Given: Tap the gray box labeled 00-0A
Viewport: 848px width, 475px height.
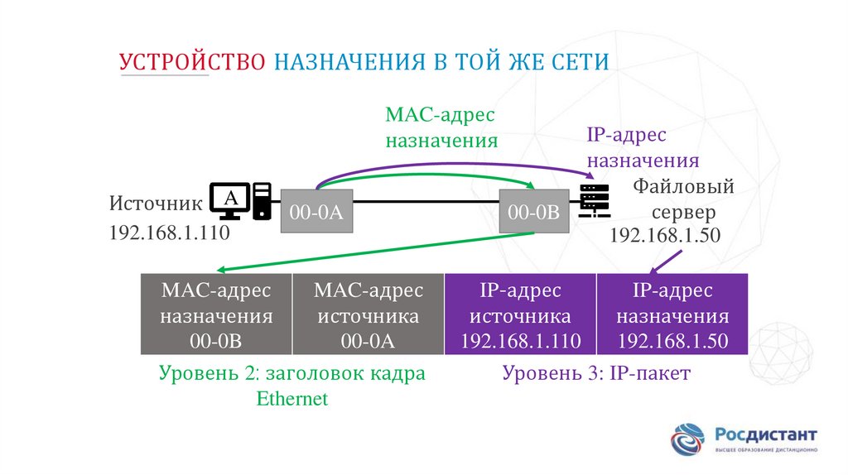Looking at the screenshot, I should tap(316, 212).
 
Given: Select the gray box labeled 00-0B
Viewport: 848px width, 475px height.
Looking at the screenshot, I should tap(534, 212).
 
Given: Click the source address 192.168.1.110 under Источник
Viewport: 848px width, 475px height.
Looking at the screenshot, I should tap(168, 233).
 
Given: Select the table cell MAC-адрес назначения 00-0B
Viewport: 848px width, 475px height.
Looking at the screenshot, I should tap(216, 315).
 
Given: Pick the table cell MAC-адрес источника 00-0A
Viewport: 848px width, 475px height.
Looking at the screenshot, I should tap(369, 315).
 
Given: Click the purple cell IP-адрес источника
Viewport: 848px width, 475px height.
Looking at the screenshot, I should tap(520, 315).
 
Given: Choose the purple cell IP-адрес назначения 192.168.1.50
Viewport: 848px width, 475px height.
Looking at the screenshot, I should tap(672, 315).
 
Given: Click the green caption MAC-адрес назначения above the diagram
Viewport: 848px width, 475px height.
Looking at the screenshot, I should tap(441, 127).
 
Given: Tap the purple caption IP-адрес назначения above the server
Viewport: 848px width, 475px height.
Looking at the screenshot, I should tap(643, 147).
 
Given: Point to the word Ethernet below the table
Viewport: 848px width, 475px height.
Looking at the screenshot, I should tap(292, 399).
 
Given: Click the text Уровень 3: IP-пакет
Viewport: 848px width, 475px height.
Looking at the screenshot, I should tap(596, 374).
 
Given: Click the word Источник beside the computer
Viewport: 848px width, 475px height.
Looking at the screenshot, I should tap(156, 204).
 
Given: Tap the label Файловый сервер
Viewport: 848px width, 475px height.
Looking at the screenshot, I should tap(684, 199).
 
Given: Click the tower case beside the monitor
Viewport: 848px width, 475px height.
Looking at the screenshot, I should tap(262, 200).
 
